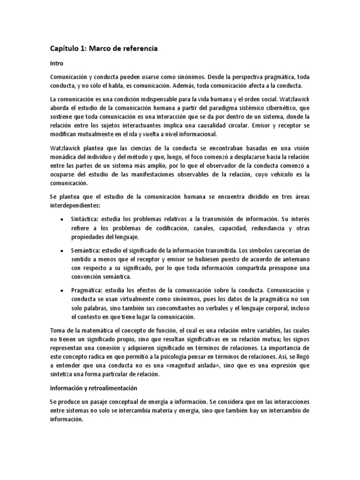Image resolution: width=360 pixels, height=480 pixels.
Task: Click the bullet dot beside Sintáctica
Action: (x=63, y=219)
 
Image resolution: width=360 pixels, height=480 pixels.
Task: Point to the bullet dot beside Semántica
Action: (x=63, y=251)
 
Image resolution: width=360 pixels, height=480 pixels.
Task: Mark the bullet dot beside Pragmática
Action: (x=63, y=291)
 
